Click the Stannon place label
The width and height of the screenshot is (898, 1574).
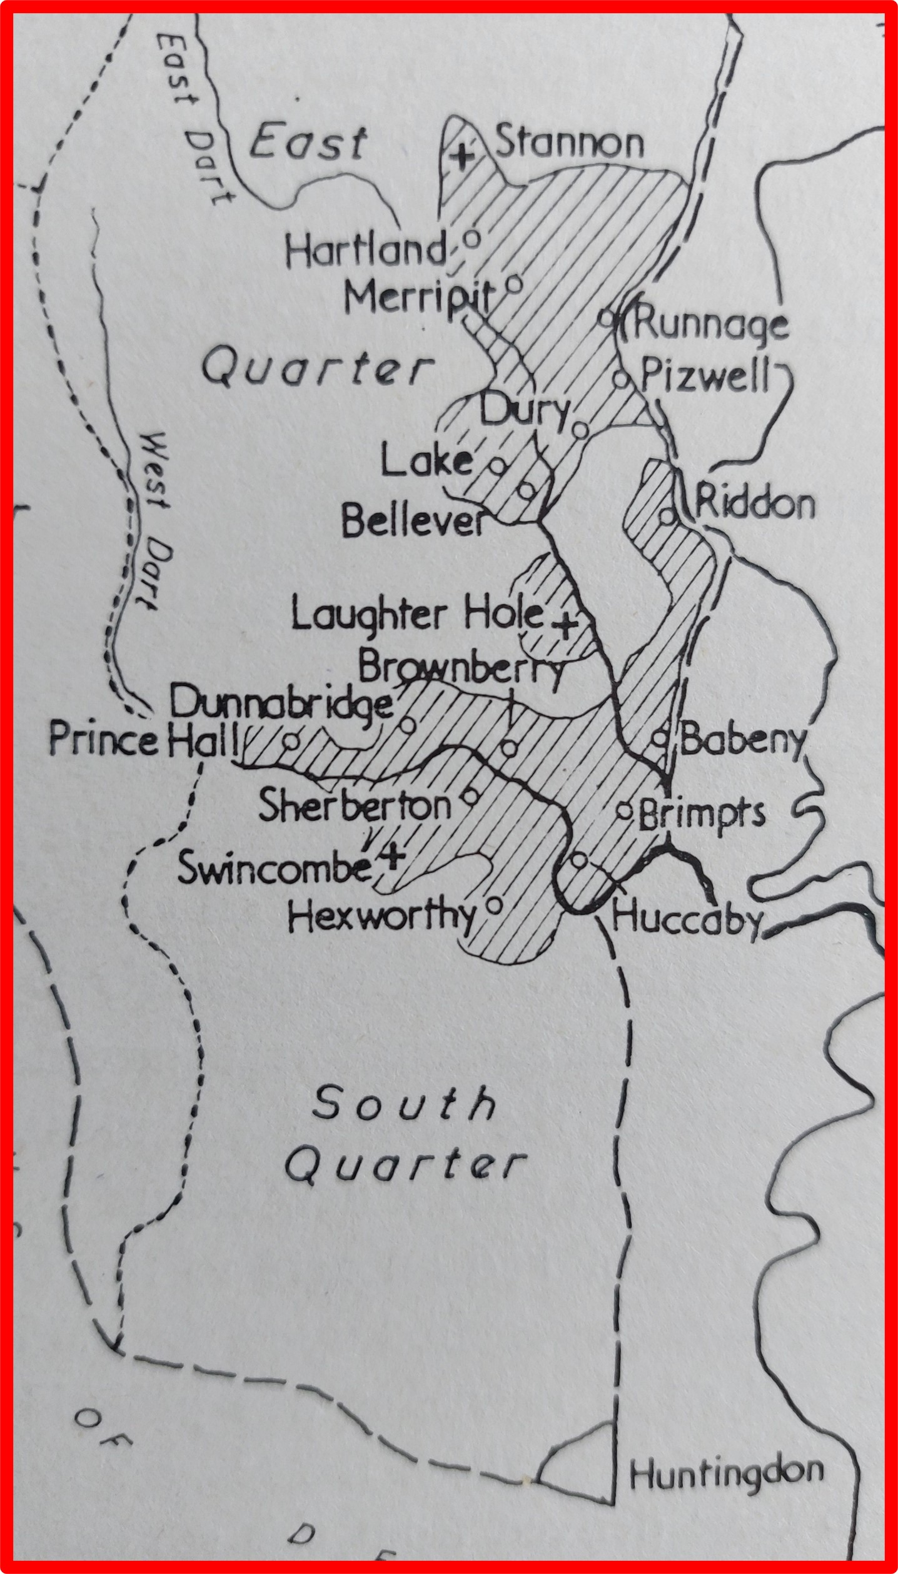pos(569,143)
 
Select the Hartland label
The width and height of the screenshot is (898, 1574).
pos(366,250)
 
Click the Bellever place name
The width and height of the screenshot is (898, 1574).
pos(413,522)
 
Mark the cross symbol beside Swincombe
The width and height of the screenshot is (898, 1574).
pos(391,856)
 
